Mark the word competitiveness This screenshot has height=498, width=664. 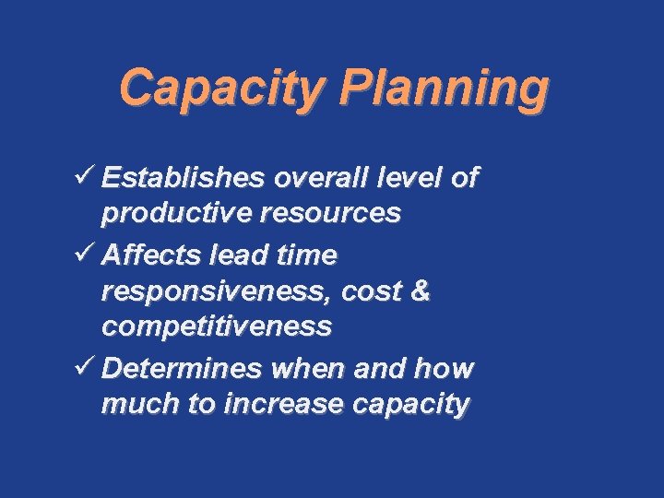[217, 326]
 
